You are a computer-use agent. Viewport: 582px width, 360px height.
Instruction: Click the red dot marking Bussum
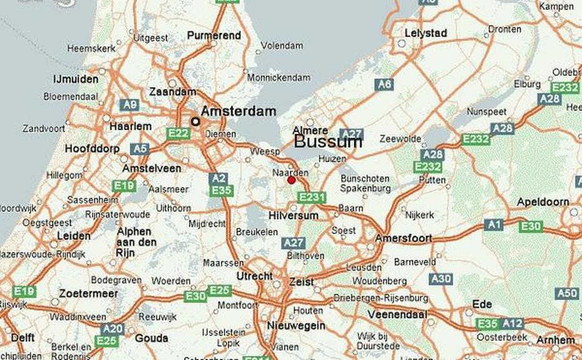[x=291, y=180]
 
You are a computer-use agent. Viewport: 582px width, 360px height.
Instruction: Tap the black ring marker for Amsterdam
[x=195, y=121]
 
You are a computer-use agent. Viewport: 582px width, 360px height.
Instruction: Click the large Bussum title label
[x=328, y=142]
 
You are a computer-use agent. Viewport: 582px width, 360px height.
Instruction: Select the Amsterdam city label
[x=238, y=111]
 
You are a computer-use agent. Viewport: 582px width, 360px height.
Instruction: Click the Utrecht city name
[x=254, y=276]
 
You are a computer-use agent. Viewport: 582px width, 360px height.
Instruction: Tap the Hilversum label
[x=293, y=215]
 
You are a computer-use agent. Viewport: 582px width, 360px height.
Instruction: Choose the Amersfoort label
[x=403, y=239]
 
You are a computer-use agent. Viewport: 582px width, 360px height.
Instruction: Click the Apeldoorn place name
[x=543, y=202]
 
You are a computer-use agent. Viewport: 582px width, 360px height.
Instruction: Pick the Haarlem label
[x=131, y=126]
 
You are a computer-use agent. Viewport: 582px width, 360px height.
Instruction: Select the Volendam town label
[x=282, y=46]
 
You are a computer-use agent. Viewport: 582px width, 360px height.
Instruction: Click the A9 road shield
[x=130, y=105]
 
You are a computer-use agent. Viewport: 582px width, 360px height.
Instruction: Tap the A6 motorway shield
[x=384, y=85]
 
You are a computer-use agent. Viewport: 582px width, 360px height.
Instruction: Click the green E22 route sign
[x=178, y=133]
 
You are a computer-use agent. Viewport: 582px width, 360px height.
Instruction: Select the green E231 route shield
[x=312, y=197]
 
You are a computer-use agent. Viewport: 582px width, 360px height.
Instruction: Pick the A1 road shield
[x=494, y=224]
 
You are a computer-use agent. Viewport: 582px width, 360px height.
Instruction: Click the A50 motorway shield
[x=567, y=293]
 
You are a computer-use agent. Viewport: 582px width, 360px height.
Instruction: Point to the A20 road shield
[x=113, y=329]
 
